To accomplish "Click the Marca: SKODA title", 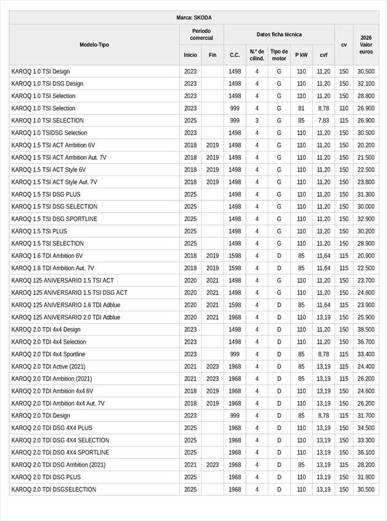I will click(x=193, y=17).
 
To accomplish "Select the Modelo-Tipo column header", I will click(x=94, y=44).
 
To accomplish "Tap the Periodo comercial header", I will click(x=201, y=34).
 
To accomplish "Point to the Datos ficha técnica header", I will click(x=279, y=34).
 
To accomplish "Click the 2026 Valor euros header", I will click(x=366, y=44).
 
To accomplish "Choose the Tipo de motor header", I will click(x=279, y=55).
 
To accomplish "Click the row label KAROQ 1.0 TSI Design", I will click(x=41, y=72).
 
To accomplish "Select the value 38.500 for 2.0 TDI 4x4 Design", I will click(x=366, y=329).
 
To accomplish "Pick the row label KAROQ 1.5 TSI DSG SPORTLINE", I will click(x=54, y=219).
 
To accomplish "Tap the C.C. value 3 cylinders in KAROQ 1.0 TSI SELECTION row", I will click(x=257, y=121).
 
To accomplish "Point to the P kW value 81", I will click(x=301, y=108).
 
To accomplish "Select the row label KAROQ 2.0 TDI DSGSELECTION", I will click(x=54, y=489).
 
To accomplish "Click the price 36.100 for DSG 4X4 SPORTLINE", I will click(x=366, y=453).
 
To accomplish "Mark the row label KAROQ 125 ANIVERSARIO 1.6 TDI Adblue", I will click(x=66, y=305).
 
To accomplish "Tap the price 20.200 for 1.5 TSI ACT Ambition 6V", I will click(x=366, y=145).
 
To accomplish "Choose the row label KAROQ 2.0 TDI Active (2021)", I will click(x=49, y=366).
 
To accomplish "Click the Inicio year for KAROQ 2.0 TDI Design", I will click(x=190, y=416).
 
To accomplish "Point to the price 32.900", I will click(x=366, y=219).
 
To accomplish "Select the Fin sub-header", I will click(x=212, y=55).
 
